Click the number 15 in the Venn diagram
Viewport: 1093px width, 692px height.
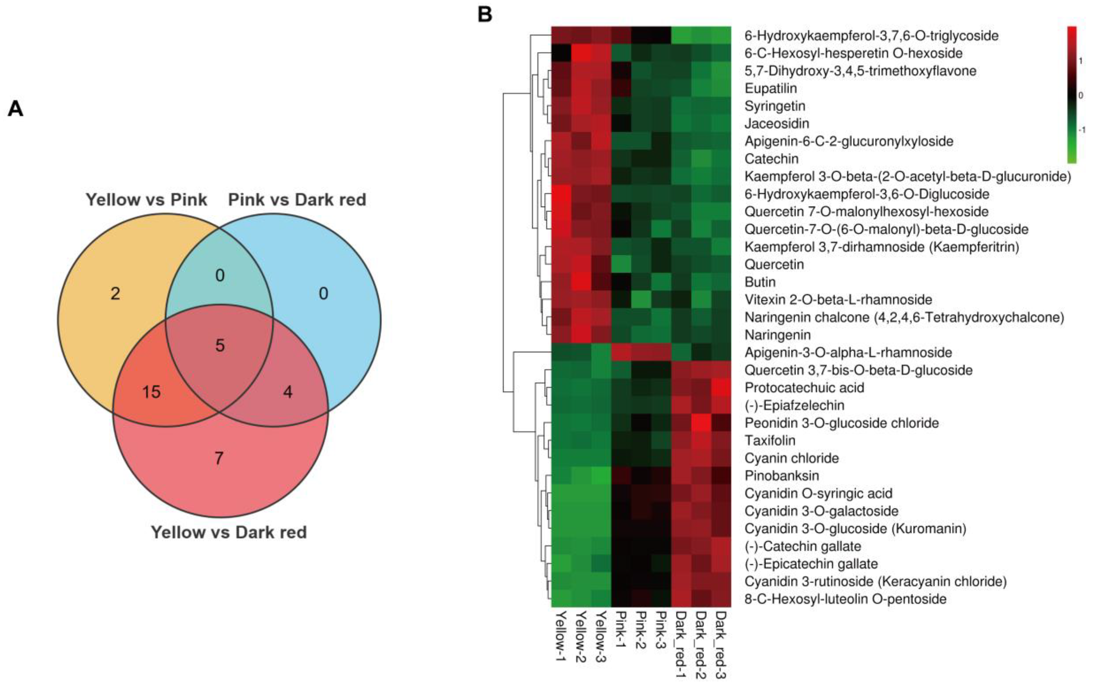tap(152, 392)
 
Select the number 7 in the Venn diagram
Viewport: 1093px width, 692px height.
tap(219, 458)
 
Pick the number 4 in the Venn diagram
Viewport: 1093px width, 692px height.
tap(288, 392)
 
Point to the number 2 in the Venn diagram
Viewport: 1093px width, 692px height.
tap(115, 294)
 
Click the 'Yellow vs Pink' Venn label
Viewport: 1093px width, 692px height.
tap(146, 200)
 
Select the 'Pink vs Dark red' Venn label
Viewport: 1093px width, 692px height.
tap(297, 200)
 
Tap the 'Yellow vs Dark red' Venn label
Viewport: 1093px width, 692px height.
tap(229, 532)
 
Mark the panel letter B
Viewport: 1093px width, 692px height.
tap(485, 14)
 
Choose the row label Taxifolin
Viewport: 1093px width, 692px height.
tap(770, 440)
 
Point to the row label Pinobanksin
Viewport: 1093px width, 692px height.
tap(782, 476)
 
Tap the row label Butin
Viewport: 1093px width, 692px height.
tap(760, 282)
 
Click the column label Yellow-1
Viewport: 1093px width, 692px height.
tap(561, 635)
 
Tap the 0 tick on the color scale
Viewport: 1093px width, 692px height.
tap(1080, 95)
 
